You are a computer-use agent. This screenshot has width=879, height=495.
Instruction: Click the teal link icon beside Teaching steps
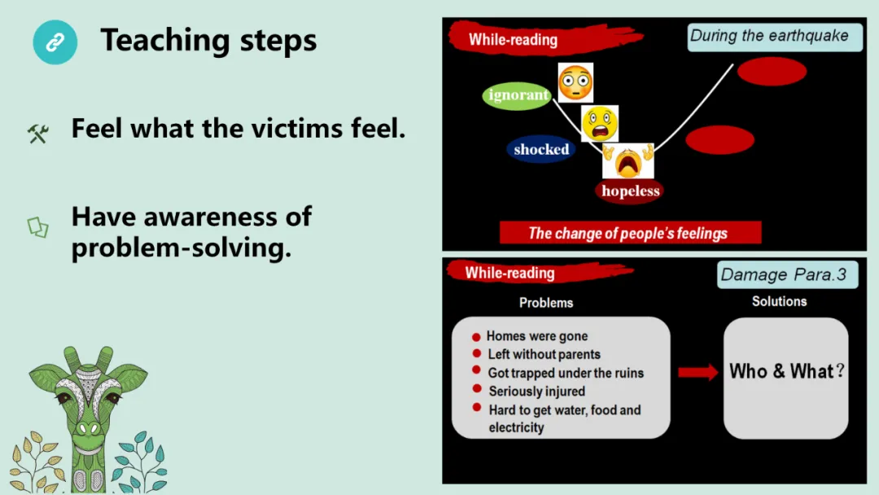pos(55,42)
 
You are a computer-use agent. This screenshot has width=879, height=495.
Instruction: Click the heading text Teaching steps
pos(208,40)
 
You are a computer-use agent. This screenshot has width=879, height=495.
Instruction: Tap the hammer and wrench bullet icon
pos(38,133)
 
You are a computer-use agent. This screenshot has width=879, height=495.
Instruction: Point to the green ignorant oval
pos(518,95)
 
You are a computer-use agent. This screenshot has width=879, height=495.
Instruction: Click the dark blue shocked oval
pos(541,149)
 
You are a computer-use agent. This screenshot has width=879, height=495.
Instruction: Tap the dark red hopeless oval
pos(630,191)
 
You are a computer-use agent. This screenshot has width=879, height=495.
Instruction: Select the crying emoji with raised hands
pos(628,160)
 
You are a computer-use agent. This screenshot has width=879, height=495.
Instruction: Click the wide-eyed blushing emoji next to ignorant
pos(575,83)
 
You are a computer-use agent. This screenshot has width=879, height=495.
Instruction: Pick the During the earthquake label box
pos(774,37)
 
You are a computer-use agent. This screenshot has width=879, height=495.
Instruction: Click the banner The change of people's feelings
pos(629,233)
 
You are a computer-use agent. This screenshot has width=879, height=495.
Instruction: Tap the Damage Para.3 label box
pos(784,275)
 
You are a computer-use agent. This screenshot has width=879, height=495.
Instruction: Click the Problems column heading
pos(546,302)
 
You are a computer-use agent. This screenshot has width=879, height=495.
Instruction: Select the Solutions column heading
pos(779,301)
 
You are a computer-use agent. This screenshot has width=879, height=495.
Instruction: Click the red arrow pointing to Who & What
pos(698,371)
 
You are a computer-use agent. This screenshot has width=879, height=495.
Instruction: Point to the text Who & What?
pos(786,371)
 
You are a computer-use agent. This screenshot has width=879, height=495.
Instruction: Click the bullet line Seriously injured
pos(536,391)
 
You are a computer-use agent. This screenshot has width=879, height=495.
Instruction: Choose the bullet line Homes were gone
pos(536,335)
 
